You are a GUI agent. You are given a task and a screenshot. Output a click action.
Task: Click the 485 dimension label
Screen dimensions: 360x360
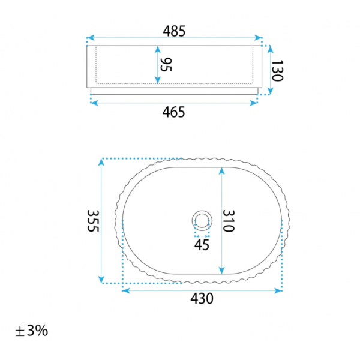click(174, 31)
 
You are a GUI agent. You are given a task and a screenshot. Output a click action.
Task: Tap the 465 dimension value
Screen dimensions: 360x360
click(173, 112)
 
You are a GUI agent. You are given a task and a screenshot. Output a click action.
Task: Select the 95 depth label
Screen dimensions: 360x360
click(166, 65)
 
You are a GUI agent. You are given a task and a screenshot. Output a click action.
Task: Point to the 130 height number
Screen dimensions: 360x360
click(277, 71)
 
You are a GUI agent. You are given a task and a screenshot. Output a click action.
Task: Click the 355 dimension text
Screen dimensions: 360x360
click(93, 221)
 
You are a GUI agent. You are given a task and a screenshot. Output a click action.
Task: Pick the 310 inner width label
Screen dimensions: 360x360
click(229, 221)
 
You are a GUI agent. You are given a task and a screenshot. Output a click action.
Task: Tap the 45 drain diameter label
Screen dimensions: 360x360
click(202, 245)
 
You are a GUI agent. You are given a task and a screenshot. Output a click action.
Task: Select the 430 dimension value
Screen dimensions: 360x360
click(202, 298)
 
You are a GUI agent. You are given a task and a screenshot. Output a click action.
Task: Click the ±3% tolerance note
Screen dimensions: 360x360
click(31, 331)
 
